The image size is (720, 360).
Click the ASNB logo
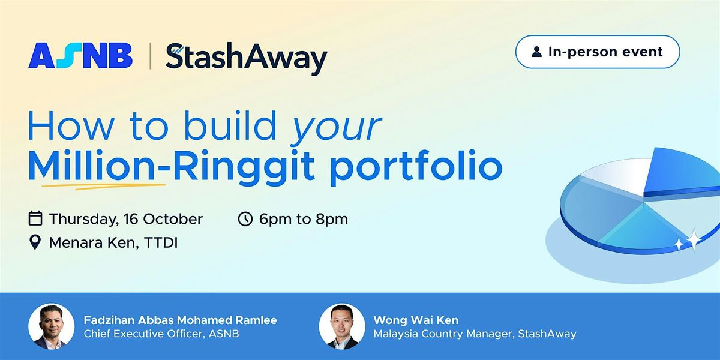[80, 56]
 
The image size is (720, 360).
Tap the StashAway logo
[246, 58]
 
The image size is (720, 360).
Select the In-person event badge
[598, 52]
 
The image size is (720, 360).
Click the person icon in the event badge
[536, 52]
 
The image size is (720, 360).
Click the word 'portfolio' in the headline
[416, 167]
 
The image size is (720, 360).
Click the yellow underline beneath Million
[103, 186]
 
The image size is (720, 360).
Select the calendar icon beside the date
[35, 218]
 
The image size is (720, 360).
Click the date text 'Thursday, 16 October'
[125, 219]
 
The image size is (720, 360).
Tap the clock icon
[245, 218]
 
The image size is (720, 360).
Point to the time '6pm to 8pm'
[304, 219]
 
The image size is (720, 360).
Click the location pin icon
[35, 242]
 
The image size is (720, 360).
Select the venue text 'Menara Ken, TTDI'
[113, 242]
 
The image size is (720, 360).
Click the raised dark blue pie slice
[682, 173]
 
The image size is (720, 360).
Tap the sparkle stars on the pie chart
[689, 241]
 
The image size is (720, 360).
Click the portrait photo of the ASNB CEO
[52, 326]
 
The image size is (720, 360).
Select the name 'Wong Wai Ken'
[416, 320]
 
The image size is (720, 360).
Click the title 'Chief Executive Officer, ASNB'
[161, 334]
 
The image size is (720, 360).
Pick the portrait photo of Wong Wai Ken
[342, 326]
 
